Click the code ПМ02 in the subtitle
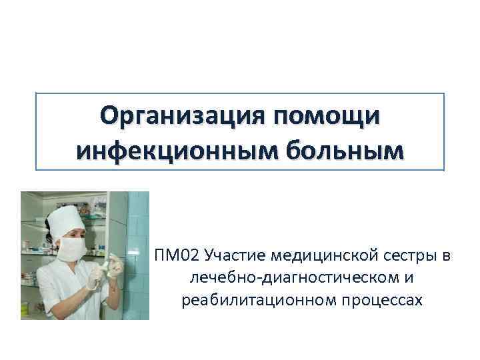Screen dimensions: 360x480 click(177, 255)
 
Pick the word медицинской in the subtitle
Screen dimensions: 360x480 click(320, 255)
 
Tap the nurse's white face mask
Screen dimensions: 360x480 click(71, 249)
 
